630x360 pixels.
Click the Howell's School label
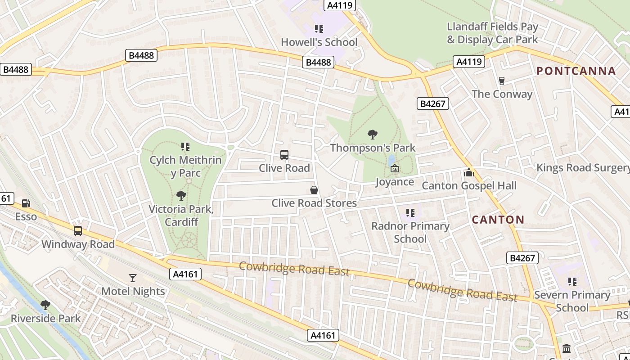319,42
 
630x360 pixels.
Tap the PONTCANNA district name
576,71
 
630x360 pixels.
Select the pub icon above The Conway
502,81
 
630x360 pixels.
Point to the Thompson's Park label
373,148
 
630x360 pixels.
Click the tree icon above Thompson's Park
372,134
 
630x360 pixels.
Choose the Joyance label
395,182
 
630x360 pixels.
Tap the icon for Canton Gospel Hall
469,172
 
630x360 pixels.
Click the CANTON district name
498,220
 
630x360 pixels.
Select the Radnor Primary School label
410,232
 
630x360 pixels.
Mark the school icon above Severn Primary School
572,282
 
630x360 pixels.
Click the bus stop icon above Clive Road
284,155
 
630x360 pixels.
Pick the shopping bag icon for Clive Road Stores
314,190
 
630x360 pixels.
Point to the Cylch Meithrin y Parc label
185,166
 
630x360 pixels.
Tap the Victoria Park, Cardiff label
181,215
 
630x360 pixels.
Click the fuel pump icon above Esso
27,203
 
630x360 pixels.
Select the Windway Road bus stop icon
78,231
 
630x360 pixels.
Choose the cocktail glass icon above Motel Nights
133,278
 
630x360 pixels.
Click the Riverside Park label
45,319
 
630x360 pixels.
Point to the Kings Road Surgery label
583,168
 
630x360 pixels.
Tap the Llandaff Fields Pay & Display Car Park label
492,33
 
